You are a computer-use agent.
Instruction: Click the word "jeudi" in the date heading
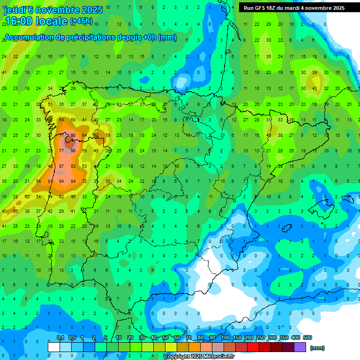15,9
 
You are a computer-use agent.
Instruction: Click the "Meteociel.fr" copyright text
216,357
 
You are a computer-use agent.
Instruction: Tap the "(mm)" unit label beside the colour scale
317,348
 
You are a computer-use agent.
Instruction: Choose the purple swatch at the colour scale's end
300,347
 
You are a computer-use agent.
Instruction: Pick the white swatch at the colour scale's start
54,347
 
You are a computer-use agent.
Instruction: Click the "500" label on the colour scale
307,338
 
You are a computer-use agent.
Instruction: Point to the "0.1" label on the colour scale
60,338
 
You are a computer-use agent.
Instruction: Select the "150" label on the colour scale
237,338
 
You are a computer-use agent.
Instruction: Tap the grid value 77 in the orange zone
61,151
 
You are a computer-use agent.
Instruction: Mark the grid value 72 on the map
84,181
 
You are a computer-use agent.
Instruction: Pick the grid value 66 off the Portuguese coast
15,212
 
